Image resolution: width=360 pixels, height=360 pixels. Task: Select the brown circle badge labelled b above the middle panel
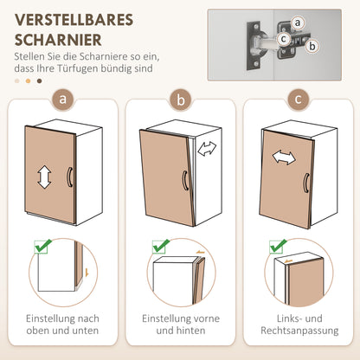[180, 100]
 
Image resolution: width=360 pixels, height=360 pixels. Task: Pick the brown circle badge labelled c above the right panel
[297, 100]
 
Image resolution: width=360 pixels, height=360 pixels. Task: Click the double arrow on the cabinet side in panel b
[208, 150]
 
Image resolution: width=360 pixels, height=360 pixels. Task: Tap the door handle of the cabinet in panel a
[70, 177]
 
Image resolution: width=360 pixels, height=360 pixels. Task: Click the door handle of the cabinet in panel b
[184, 181]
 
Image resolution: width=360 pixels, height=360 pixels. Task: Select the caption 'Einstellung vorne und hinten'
[180, 325]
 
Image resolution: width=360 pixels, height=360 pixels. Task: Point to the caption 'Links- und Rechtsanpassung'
[297, 325]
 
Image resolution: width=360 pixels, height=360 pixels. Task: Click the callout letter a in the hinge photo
[297, 21]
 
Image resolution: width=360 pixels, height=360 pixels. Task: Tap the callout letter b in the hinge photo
[312, 45]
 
